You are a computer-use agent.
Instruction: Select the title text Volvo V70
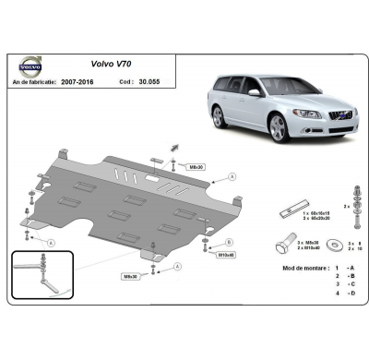tap(111, 66)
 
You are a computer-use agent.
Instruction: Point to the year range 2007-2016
tap(101, 81)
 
